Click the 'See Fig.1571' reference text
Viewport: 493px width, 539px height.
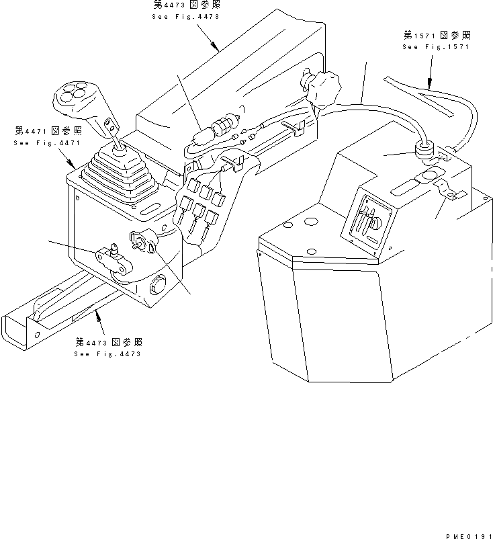(x=436, y=47)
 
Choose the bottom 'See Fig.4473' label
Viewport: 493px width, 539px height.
(x=107, y=354)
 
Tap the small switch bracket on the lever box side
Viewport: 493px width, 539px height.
(x=113, y=258)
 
